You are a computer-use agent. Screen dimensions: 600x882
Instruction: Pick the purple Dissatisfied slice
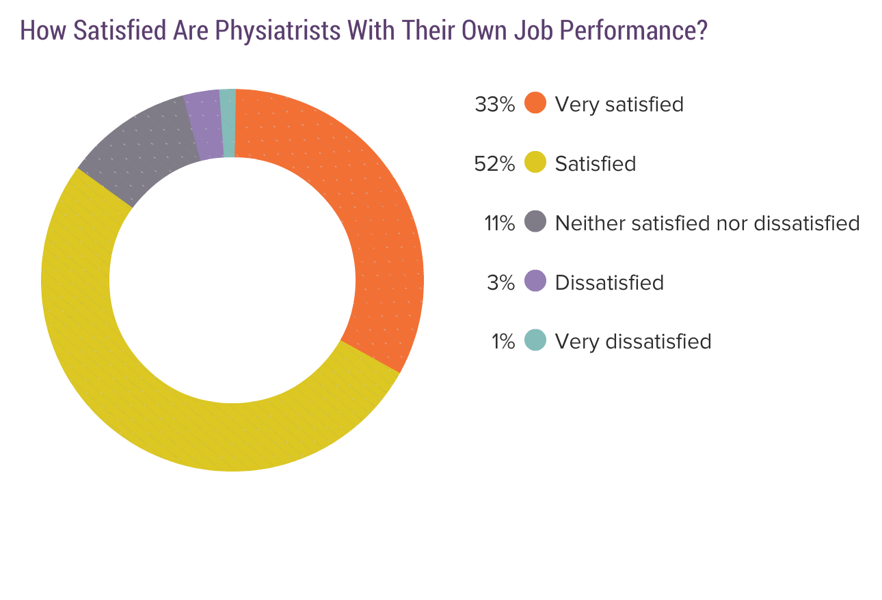point(204,125)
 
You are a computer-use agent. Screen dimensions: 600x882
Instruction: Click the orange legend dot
point(535,104)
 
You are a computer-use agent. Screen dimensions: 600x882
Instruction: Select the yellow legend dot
point(535,163)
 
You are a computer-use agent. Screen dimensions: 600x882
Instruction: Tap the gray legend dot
point(535,222)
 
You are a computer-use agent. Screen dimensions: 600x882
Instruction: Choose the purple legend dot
point(535,282)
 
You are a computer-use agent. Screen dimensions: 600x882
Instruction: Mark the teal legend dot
point(535,340)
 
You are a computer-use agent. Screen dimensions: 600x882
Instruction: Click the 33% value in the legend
point(494,105)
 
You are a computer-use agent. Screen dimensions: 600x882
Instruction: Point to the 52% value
point(494,164)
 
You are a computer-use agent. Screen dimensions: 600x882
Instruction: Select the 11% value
point(499,223)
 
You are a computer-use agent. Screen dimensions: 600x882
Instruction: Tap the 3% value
point(500,282)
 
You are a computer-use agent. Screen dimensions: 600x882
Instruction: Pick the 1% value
point(503,341)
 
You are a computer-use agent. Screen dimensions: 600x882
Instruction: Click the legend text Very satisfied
point(619,105)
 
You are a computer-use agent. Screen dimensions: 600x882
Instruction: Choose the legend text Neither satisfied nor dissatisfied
point(707,223)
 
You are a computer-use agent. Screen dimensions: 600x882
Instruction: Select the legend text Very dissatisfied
point(633,341)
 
